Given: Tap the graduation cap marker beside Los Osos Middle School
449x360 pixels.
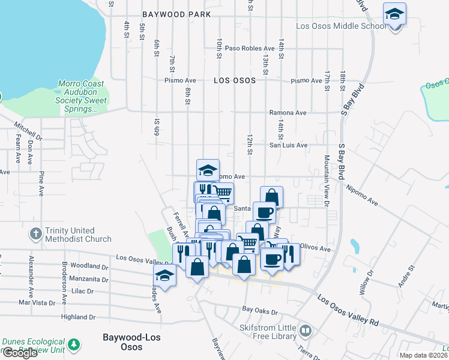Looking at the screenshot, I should pos(394,14).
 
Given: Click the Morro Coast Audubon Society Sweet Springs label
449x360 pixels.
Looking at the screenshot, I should pos(81,97).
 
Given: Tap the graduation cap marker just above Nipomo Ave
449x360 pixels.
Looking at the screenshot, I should pos(208,170).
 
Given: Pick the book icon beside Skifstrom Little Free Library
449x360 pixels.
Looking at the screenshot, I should pos(306,331).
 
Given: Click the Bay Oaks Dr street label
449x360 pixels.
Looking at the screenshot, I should pos(260,311).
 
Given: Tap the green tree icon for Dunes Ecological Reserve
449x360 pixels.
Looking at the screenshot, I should pos(73,344).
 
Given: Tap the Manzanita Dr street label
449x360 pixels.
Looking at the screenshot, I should pos(89,279).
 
